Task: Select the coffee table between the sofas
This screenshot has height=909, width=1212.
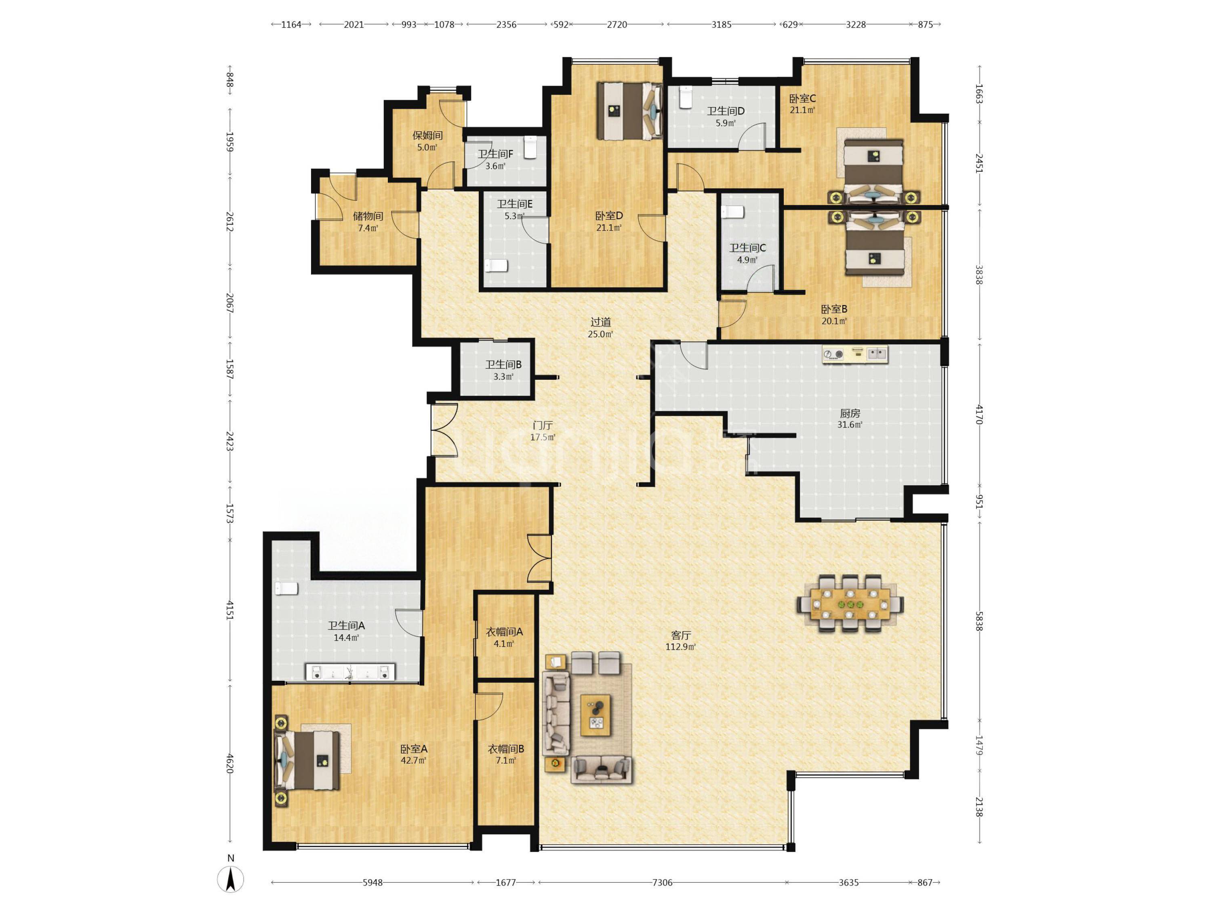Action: pyautogui.click(x=595, y=715)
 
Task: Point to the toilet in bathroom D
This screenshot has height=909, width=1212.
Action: pyautogui.click(x=686, y=97)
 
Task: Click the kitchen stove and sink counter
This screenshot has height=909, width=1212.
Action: pyautogui.click(x=855, y=354)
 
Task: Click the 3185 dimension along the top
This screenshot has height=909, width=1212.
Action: pyautogui.click(x=721, y=24)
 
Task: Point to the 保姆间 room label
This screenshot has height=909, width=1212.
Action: pyautogui.click(x=427, y=135)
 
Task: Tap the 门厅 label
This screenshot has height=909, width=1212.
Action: pyautogui.click(x=543, y=425)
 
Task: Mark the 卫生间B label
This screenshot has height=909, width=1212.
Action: pyautogui.click(x=503, y=364)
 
